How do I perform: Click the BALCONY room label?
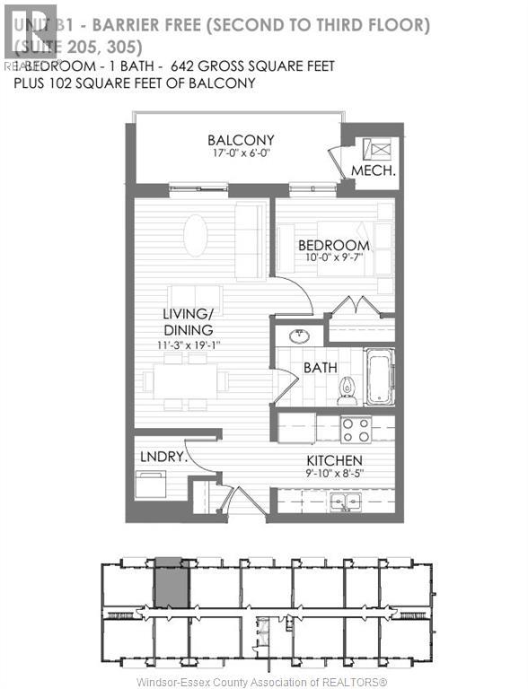click(x=240, y=140)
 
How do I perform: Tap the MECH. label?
click(x=368, y=170)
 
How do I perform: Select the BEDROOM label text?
click(x=333, y=245)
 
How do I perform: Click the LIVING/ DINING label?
click(x=188, y=322)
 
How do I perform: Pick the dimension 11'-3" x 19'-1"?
click(x=188, y=344)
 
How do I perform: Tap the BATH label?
click(x=320, y=368)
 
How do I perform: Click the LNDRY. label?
click(x=163, y=456)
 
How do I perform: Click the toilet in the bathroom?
click(x=346, y=388)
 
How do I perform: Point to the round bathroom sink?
click(x=297, y=336)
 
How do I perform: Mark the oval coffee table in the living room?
click(x=195, y=235)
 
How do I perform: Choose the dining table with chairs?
click(x=186, y=380)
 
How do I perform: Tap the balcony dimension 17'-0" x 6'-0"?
click(x=240, y=155)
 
